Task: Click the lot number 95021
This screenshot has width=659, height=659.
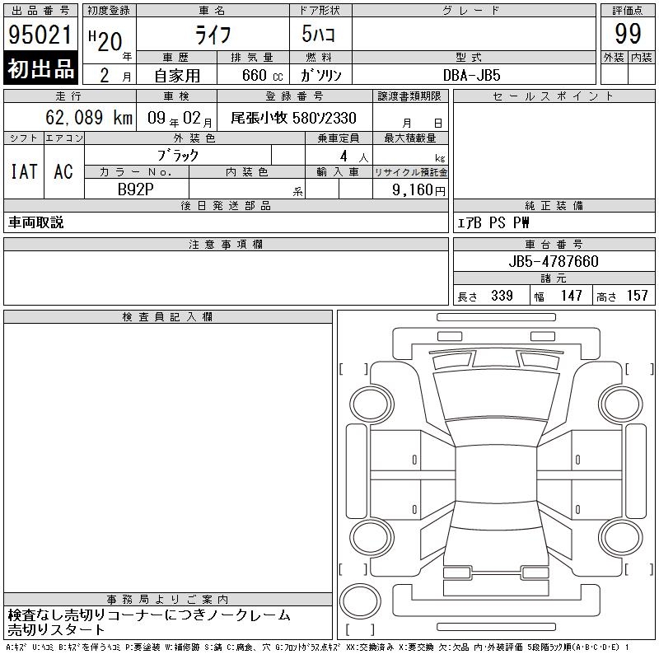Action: [40, 35]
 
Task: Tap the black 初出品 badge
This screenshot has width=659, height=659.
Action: [40, 68]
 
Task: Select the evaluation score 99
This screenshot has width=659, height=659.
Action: [628, 34]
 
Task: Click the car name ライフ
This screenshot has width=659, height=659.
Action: [213, 35]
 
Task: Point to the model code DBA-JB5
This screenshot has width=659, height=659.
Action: [471, 75]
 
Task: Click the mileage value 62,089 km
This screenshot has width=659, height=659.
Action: [89, 117]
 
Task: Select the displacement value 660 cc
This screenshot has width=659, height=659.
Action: [262, 75]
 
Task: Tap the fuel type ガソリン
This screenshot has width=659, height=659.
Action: [320, 75]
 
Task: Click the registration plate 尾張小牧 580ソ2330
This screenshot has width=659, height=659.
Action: [293, 118]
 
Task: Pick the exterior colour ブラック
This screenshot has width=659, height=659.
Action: [178, 156]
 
